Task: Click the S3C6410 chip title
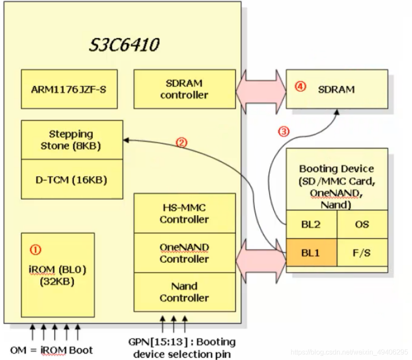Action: [124, 45]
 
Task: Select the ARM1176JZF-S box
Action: [69, 89]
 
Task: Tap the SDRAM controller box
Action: [184, 89]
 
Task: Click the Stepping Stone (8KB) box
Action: [71, 140]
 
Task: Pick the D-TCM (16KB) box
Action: [71, 179]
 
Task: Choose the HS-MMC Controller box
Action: [184, 213]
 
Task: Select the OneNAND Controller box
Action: [184, 253]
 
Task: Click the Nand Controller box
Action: [184, 292]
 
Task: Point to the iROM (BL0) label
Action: [58, 270]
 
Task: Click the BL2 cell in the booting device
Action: [311, 224]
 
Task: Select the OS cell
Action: [362, 224]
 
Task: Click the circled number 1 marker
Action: [35, 249]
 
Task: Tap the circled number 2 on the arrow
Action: [181, 143]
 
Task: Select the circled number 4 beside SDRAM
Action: [300, 87]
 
